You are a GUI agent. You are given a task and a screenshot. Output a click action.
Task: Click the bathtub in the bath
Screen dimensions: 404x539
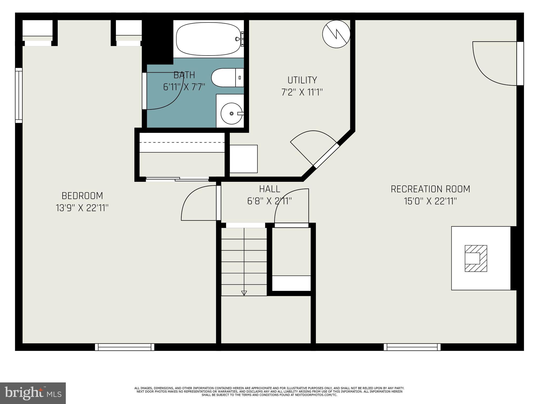pos(209,39)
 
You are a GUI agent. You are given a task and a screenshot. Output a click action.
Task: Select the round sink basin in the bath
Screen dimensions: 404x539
pos(231,113)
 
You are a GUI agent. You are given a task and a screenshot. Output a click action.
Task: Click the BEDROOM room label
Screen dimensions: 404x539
pos(82,196)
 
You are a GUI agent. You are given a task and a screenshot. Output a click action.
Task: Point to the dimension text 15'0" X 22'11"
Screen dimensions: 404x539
pos(430,201)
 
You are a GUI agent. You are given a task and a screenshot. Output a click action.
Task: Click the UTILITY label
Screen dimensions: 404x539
pos(302,80)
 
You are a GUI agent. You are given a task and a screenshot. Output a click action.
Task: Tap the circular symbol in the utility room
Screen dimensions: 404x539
pos(336,34)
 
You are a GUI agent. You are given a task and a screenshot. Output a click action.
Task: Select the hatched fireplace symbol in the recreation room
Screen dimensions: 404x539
pos(476,258)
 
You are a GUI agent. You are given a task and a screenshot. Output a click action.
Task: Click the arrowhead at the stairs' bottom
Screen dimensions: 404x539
pos(244,293)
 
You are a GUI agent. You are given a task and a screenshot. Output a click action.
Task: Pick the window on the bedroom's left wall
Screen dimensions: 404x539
pos(19,95)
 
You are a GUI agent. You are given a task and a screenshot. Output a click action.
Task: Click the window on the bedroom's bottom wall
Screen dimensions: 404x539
pos(124,347)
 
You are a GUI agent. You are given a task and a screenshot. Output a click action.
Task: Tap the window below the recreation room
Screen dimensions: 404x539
pos(412,347)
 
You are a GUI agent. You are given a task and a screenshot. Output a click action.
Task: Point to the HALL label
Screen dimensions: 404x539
pos(269,189)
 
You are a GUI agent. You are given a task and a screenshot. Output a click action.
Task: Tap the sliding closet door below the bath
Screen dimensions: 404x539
pos(177,179)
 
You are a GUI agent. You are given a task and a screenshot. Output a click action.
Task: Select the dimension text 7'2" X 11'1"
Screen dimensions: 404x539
pos(302,92)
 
